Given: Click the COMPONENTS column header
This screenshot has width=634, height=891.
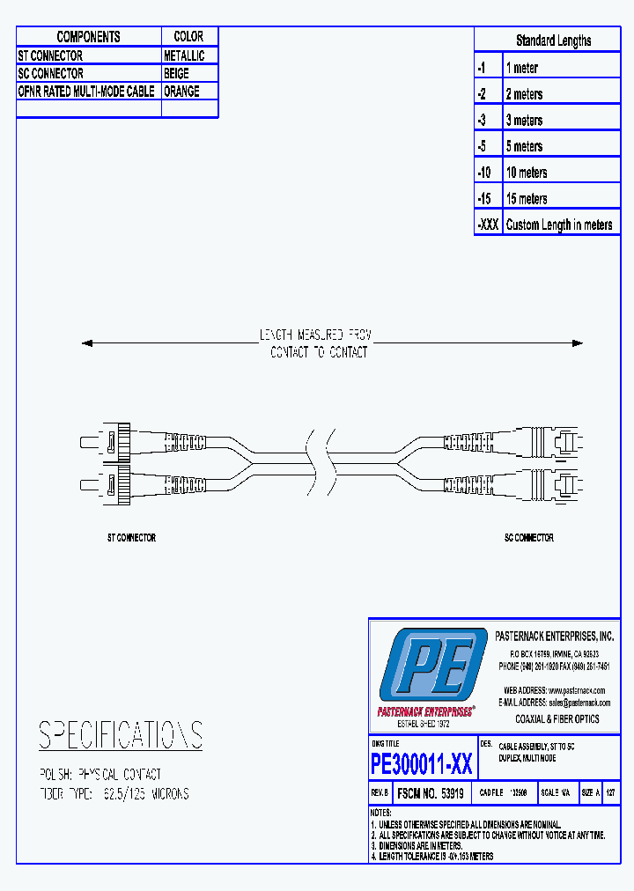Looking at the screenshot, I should pyautogui.click(x=88, y=37).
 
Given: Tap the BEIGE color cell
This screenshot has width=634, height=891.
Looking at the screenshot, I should pyautogui.click(x=176, y=74).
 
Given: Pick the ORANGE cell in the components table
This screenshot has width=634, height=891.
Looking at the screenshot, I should pyautogui.click(x=181, y=92).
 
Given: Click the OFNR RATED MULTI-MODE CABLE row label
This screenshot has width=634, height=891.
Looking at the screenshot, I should pyautogui.click(x=86, y=92).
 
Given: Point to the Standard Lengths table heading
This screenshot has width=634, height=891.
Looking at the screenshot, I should pyautogui.click(x=553, y=40).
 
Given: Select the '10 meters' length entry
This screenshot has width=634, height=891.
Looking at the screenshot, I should pyautogui.click(x=527, y=173).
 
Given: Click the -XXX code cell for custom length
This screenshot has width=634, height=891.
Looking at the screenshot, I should pyautogui.click(x=488, y=225).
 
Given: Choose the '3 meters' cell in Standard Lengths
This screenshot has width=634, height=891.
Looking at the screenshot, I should pyautogui.click(x=524, y=121).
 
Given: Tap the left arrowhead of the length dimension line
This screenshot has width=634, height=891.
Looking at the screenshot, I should pyautogui.click(x=86, y=343).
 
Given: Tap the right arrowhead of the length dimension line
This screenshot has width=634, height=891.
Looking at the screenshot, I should pyautogui.click(x=578, y=343).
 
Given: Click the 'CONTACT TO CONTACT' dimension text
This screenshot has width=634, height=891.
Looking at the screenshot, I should pyautogui.click(x=318, y=353).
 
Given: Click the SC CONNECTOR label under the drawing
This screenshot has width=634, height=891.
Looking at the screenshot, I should pyautogui.click(x=528, y=537).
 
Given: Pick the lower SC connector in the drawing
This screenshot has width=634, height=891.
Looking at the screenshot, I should pyautogui.click(x=559, y=483).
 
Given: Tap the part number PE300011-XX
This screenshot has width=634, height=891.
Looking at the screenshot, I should pyautogui.click(x=422, y=763).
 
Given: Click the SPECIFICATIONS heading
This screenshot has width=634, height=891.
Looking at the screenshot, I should pyautogui.click(x=121, y=734).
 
